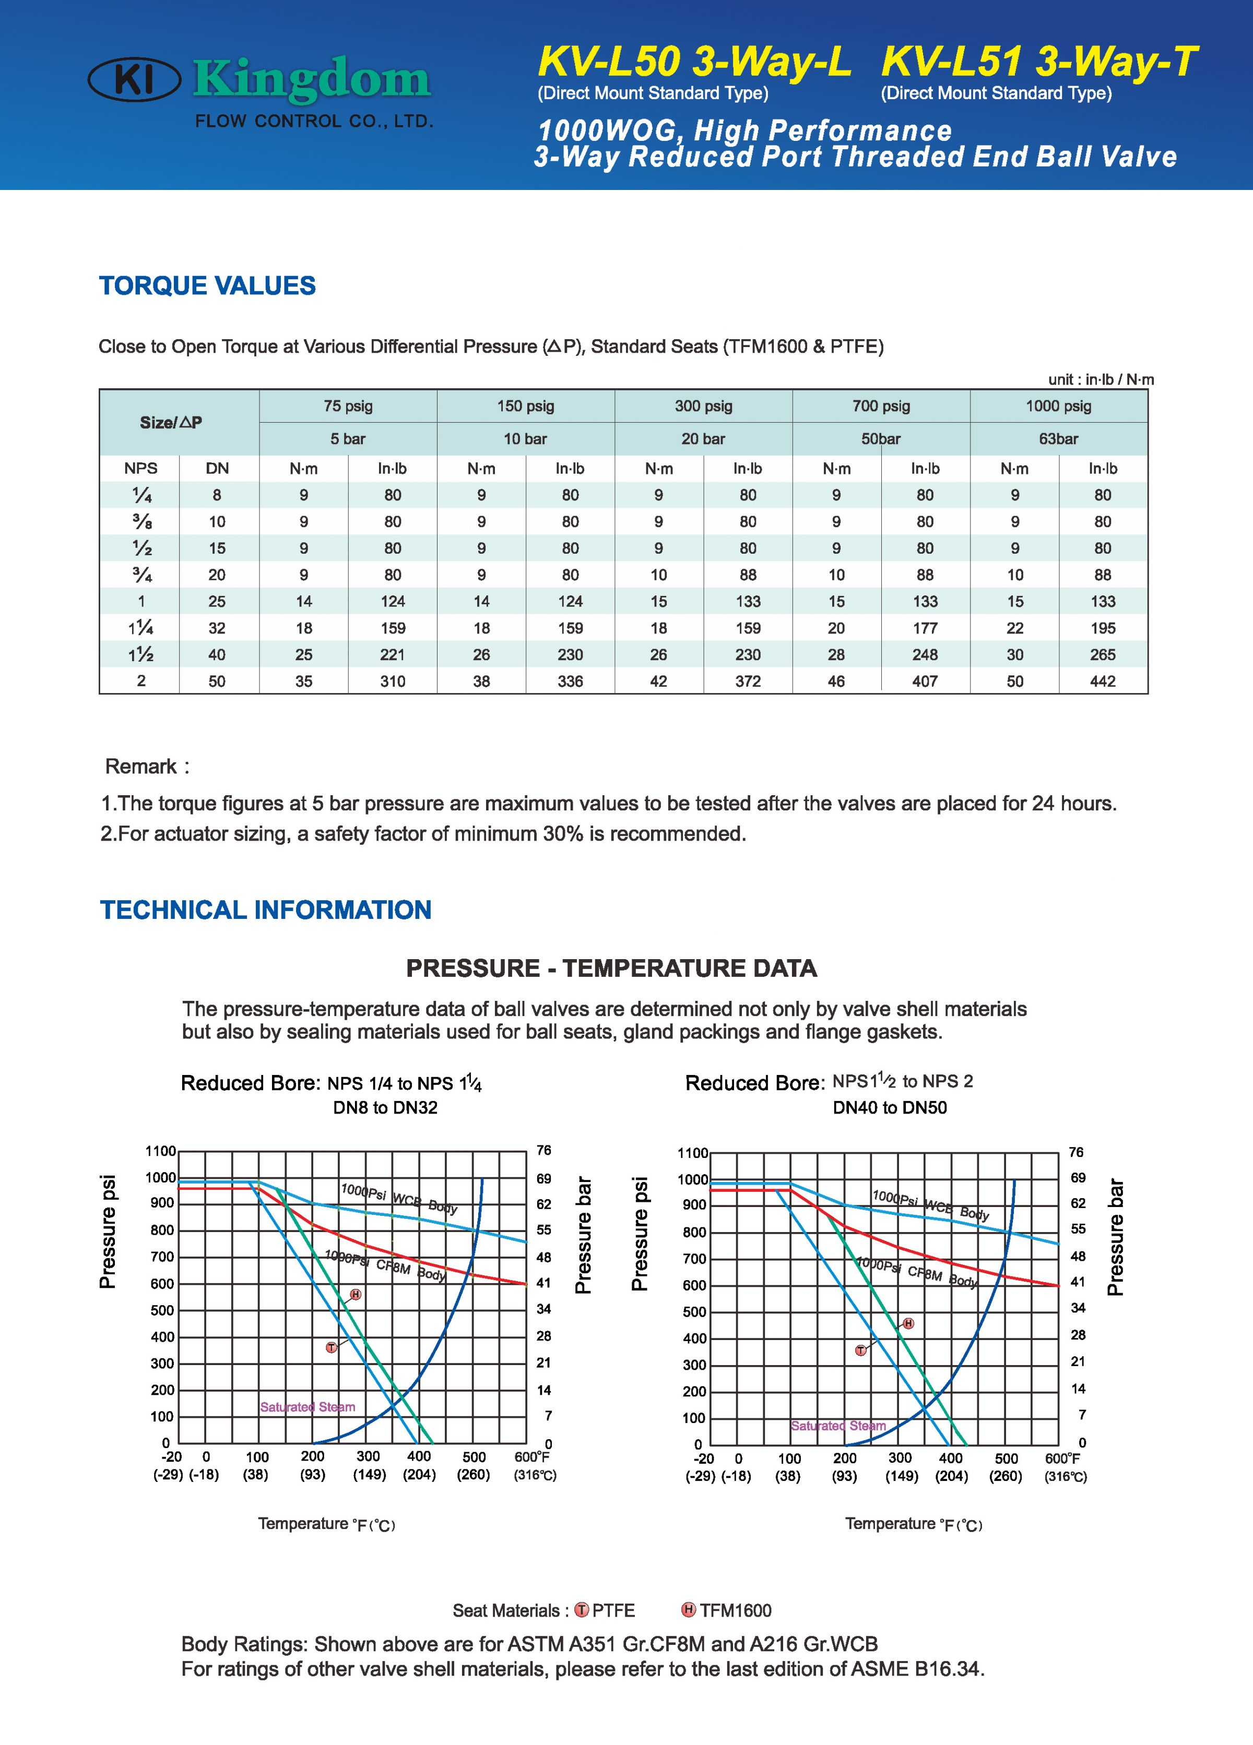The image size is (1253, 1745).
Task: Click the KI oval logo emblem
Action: tap(135, 80)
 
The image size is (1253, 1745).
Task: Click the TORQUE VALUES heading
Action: tap(207, 285)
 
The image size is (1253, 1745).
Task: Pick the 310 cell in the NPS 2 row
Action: tap(393, 681)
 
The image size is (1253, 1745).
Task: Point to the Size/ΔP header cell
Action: tap(171, 422)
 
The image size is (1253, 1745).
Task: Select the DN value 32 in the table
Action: tap(217, 628)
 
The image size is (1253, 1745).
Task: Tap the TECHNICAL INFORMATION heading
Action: tap(266, 910)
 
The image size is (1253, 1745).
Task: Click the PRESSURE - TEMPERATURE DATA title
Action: tap(611, 968)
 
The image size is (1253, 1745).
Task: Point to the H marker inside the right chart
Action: tap(908, 1323)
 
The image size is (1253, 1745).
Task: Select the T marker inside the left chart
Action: tap(331, 1347)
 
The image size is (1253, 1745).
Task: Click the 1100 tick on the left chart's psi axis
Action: tap(161, 1151)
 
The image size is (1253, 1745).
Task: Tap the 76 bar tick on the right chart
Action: tap(1076, 1152)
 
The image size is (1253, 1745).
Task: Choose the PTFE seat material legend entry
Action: tap(605, 1610)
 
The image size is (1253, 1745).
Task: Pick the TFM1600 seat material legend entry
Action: tap(727, 1610)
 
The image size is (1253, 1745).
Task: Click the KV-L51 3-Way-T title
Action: tap(1039, 62)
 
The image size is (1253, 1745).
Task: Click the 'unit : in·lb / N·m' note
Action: tap(1101, 379)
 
